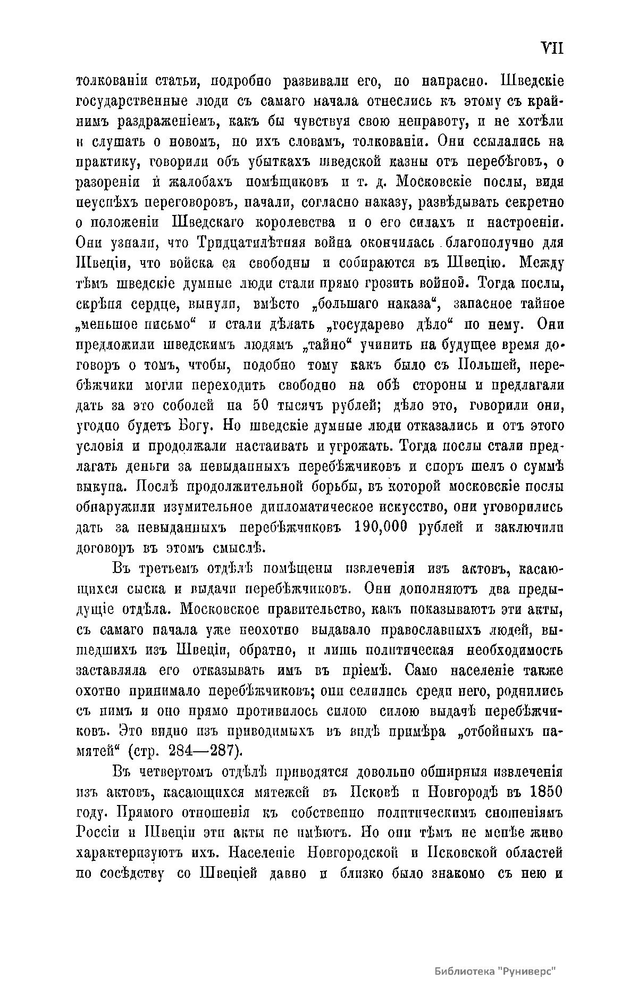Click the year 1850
[544, 791]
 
